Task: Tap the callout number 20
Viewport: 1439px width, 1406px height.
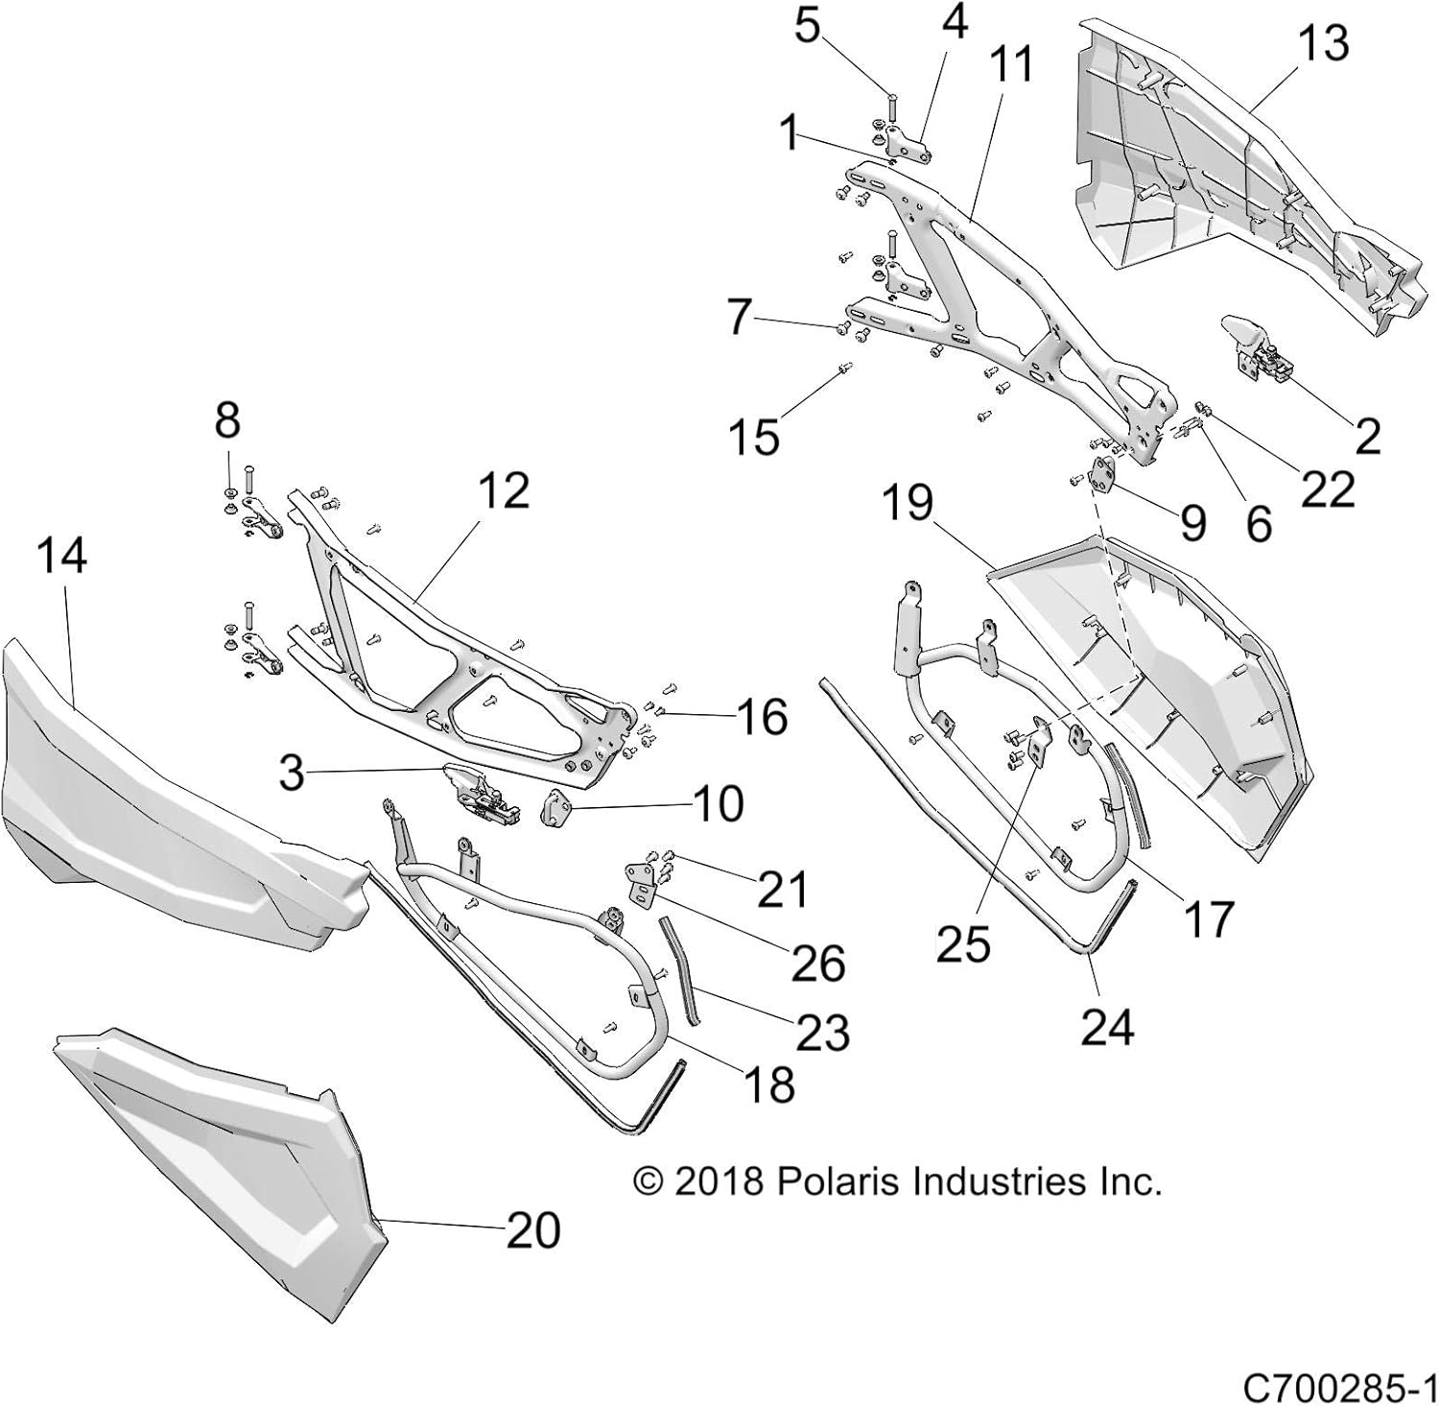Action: pyautogui.click(x=532, y=1229)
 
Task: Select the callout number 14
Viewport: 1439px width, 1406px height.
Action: pyautogui.click(x=63, y=556)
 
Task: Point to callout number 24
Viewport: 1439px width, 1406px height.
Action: pyautogui.click(x=1107, y=1027)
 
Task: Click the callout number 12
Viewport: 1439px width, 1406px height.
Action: pyautogui.click(x=503, y=490)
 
